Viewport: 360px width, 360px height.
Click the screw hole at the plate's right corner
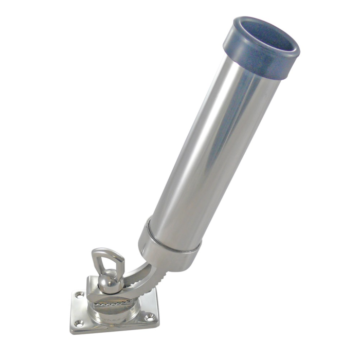(x=149, y=317)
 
